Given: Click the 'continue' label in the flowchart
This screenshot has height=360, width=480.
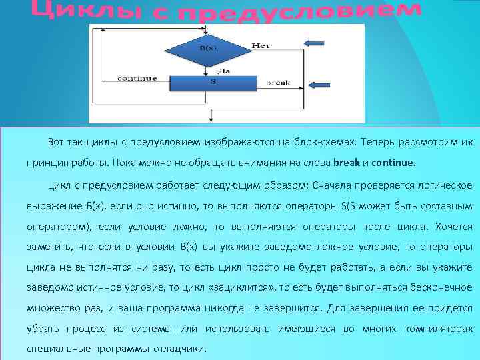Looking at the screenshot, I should tap(137, 79).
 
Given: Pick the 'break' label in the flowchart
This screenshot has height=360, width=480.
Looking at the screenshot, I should tap(278, 83).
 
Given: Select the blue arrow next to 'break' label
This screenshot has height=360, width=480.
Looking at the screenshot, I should tap(321, 85).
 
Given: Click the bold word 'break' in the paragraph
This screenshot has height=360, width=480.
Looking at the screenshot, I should tap(346, 162).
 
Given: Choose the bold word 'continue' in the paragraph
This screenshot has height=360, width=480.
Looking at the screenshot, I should tap(393, 162).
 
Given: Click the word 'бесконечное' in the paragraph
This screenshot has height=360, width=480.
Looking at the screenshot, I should tap(441, 287).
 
